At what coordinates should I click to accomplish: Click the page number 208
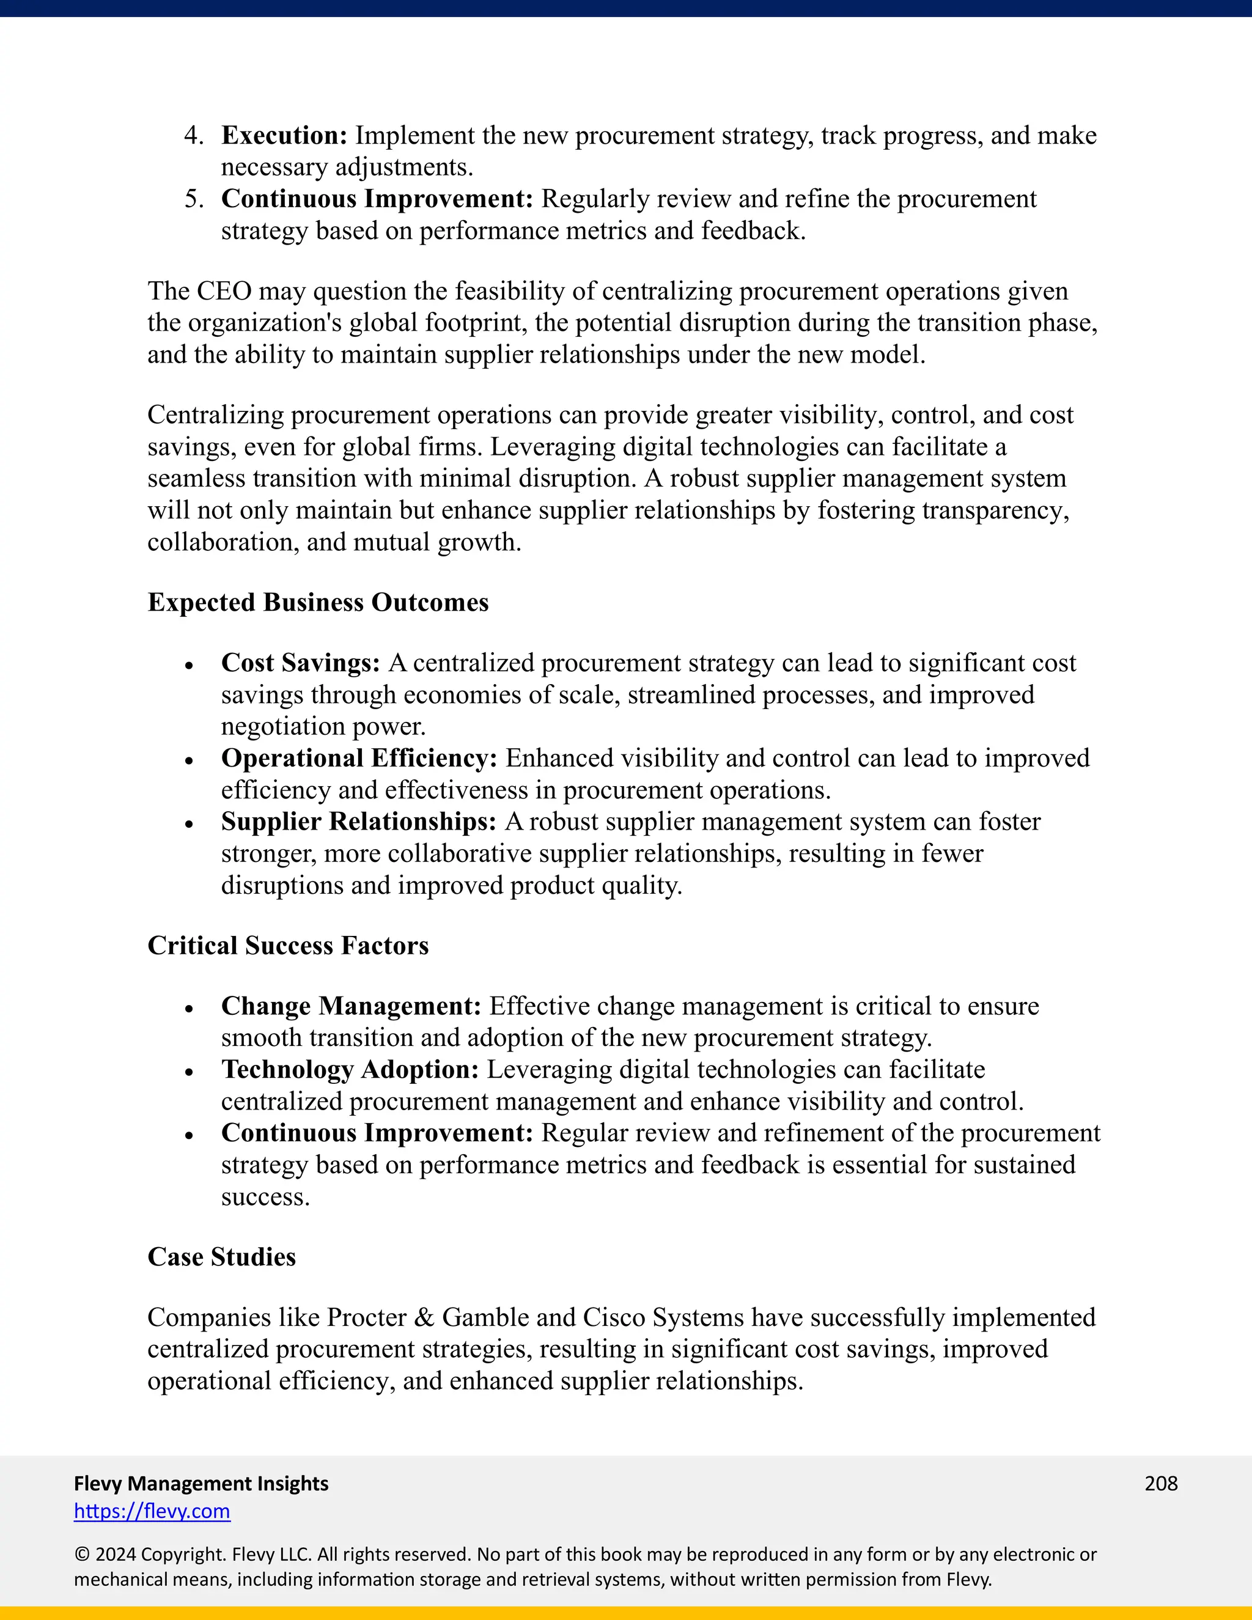pos(1161,1483)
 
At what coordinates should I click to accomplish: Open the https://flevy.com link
pos(152,1511)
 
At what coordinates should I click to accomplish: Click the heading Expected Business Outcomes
pos(317,602)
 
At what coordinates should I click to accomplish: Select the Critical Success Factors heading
pos(288,946)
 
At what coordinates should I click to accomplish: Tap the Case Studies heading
pos(221,1256)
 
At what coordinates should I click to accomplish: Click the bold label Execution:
pos(284,136)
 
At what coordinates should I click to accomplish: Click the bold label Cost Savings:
pos(300,663)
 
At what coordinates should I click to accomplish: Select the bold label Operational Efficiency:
pos(359,758)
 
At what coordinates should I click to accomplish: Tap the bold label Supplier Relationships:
pos(358,822)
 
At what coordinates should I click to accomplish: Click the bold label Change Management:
pos(351,1007)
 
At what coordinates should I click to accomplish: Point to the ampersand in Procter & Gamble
pos(424,1317)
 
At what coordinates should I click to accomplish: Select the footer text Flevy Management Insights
pos(201,1483)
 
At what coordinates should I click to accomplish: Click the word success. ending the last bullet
pos(265,1197)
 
